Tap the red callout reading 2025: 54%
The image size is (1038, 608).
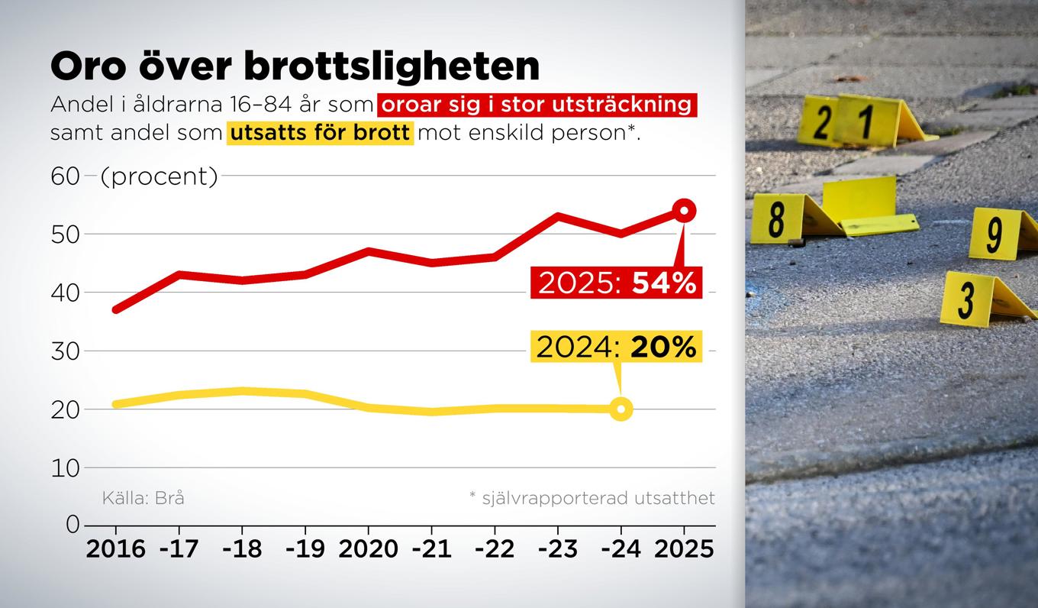coord(617,283)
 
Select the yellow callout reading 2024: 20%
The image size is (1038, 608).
coord(617,347)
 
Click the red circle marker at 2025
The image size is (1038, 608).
coord(684,210)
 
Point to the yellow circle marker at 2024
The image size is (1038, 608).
coord(621,409)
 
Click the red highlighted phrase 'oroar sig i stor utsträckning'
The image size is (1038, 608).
coord(537,104)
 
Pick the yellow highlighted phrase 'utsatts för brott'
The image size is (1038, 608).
coord(320,132)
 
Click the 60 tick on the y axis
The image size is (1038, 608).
coord(66,176)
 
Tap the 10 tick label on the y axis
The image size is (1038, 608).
coord(66,467)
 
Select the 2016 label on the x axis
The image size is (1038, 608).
coord(115,548)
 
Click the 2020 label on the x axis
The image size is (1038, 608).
coord(368,548)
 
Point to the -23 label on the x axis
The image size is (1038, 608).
coord(558,548)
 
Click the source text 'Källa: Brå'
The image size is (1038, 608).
coord(143,499)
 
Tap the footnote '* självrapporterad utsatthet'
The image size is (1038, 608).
coord(592,499)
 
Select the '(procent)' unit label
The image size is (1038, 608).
coord(160,176)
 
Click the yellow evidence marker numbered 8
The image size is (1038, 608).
coord(778,218)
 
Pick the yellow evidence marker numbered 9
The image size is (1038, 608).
coord(995,234)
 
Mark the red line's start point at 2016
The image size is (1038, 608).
coord(115,309)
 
